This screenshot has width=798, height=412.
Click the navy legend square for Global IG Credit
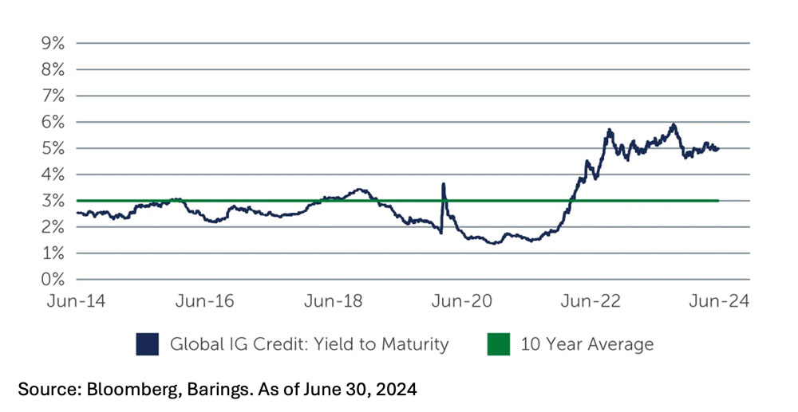click(147, 344)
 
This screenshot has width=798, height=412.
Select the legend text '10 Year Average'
click(587, 344)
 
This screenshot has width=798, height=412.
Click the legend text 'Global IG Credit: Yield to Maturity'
click(309, 344)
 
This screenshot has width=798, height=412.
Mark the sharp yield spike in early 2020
click(443, 185)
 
